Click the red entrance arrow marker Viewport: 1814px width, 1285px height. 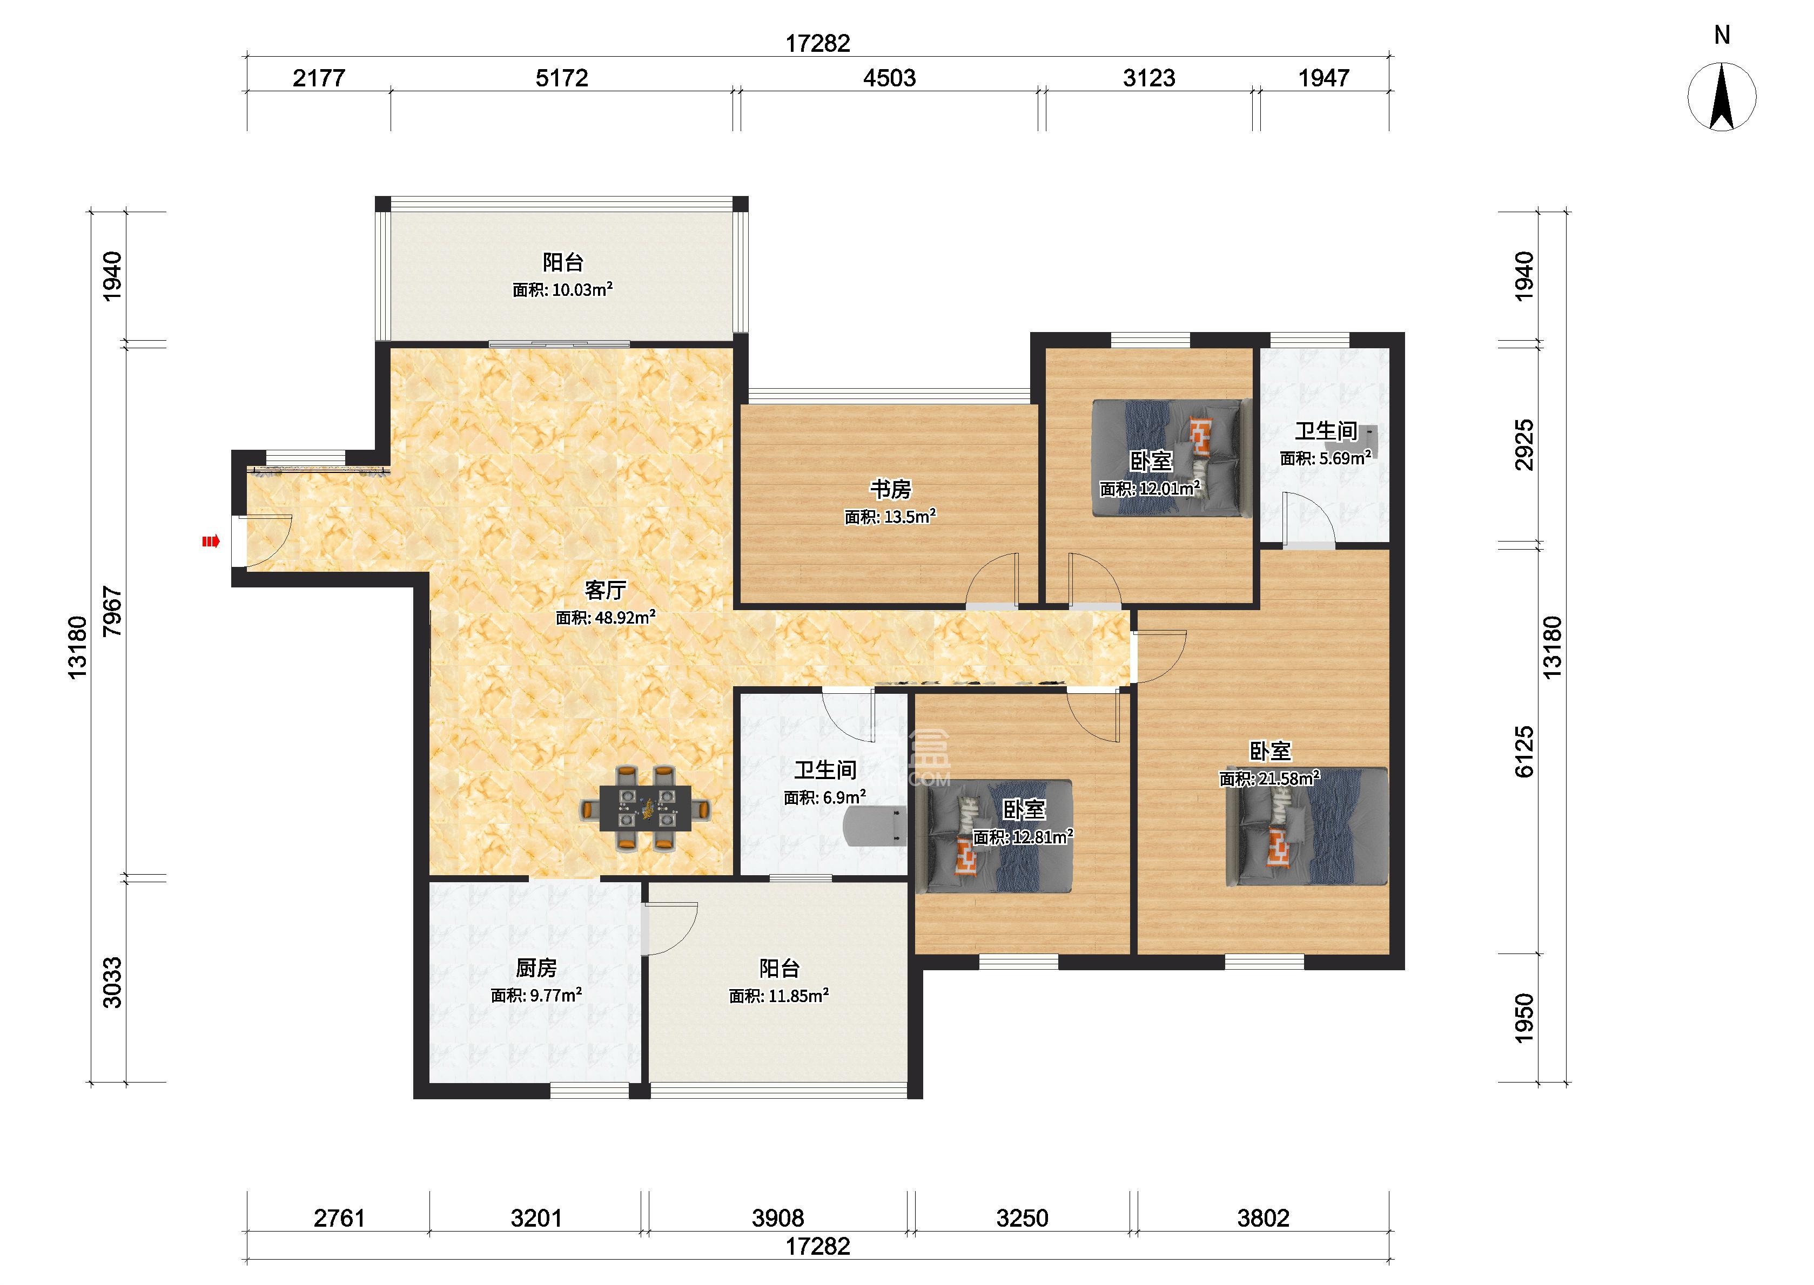tap(210, 542)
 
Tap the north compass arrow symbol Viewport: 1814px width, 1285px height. tap(1722, 97)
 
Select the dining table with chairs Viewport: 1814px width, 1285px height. tap(645, 808)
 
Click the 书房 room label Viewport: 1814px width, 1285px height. tap(890, 490)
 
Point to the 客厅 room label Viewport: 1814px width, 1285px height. tap(606, 590)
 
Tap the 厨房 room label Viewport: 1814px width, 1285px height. tap(536, 968)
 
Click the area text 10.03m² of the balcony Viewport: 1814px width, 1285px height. tap(582, 289)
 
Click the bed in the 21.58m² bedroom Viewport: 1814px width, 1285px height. tap(1307, 826)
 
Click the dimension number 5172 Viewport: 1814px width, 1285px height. tap(562, 78)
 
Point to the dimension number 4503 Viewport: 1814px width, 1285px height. tap(890, 78)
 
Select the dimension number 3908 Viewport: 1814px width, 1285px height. tap(778, 1218)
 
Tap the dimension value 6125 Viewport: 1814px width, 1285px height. tap(1523, 752)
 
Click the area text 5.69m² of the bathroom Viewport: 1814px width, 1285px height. tap(1345, 458)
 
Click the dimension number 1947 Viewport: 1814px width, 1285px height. tap(1324, 78)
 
